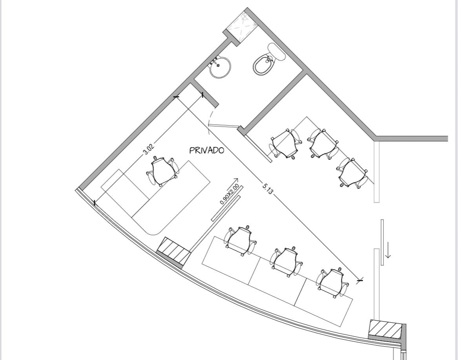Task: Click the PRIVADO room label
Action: tap(207, 150)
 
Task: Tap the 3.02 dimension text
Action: tap(148, 149)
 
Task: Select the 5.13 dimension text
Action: tap(268, 189)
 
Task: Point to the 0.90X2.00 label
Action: tap(229, 194)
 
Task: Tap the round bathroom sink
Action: tap(220, 67)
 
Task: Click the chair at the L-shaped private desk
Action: tap(162, 171)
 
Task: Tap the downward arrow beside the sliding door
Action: tap(388, 250)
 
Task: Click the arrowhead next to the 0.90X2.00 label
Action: tap(236, 180)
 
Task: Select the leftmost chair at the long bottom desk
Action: tap(240, 240)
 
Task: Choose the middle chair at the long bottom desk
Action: tap(286, 261)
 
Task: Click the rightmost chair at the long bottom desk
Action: tap(332, 283)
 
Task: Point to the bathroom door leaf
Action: tap(223, 126)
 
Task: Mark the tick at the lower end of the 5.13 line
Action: tap(360, 280)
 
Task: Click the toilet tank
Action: tap(277, 51)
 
